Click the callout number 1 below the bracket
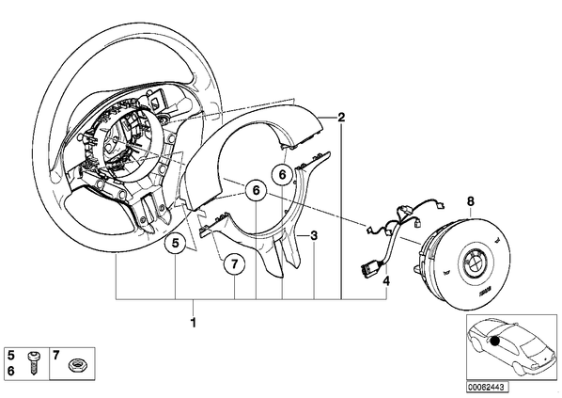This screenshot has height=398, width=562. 194,323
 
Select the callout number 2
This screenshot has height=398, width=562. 341,117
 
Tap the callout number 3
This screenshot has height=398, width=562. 314,236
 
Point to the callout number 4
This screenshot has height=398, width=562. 386,281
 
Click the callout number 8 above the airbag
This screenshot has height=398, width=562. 470,201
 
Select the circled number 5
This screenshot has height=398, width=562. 175,244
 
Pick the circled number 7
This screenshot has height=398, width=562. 234,264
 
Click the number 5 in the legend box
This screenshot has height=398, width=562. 11,356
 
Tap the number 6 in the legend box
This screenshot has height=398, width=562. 11,371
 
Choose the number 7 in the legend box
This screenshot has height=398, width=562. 55,356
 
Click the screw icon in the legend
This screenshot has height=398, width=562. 34,363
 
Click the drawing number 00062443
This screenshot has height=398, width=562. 485,388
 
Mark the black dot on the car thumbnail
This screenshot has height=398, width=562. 494,342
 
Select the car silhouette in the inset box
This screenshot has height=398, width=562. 511,345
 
